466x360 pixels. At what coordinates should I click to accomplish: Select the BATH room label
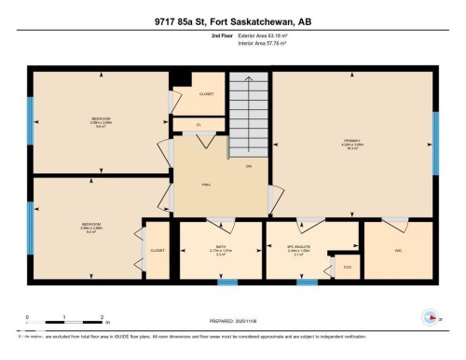(x=220, y=248)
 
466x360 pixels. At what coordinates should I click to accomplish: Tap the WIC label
(x=398, y=251)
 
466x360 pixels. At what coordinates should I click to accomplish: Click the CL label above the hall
(x=199, y=124)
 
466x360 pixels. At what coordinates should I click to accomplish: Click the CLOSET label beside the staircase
(x=206, y=94)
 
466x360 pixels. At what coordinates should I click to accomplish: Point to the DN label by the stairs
(x=248, y=167)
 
